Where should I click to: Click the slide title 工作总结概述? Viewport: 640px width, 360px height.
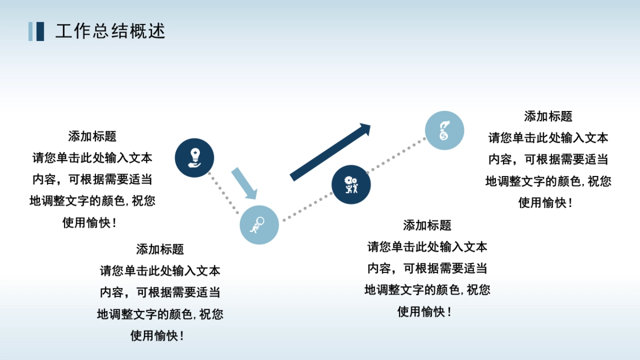click(x=110, y=31)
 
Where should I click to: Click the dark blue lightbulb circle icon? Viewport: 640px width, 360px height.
click(x=195, y=157)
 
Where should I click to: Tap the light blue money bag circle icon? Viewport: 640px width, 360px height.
click(x=444, y=130)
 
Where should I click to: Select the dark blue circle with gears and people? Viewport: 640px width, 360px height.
click(x=351, y=184)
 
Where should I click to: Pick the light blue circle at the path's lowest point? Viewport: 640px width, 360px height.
click(x=259, y=225)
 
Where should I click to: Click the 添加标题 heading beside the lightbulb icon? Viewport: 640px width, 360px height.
click(x=92, y=137)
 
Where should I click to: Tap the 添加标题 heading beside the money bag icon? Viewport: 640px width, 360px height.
click(x=548, y=116)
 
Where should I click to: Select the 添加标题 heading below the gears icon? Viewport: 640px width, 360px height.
click(x=427, y=226)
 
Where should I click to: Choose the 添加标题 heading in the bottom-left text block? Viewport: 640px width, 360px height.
click(x=160, y=249)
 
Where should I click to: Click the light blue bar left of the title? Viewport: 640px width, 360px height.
click(x=31, y=31)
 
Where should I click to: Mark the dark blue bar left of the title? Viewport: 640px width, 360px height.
click(x=40, y=31)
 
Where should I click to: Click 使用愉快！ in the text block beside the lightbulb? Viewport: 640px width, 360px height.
click(x=92, y=223)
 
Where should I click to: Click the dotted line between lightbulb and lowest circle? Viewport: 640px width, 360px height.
click(x=225, y=194)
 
